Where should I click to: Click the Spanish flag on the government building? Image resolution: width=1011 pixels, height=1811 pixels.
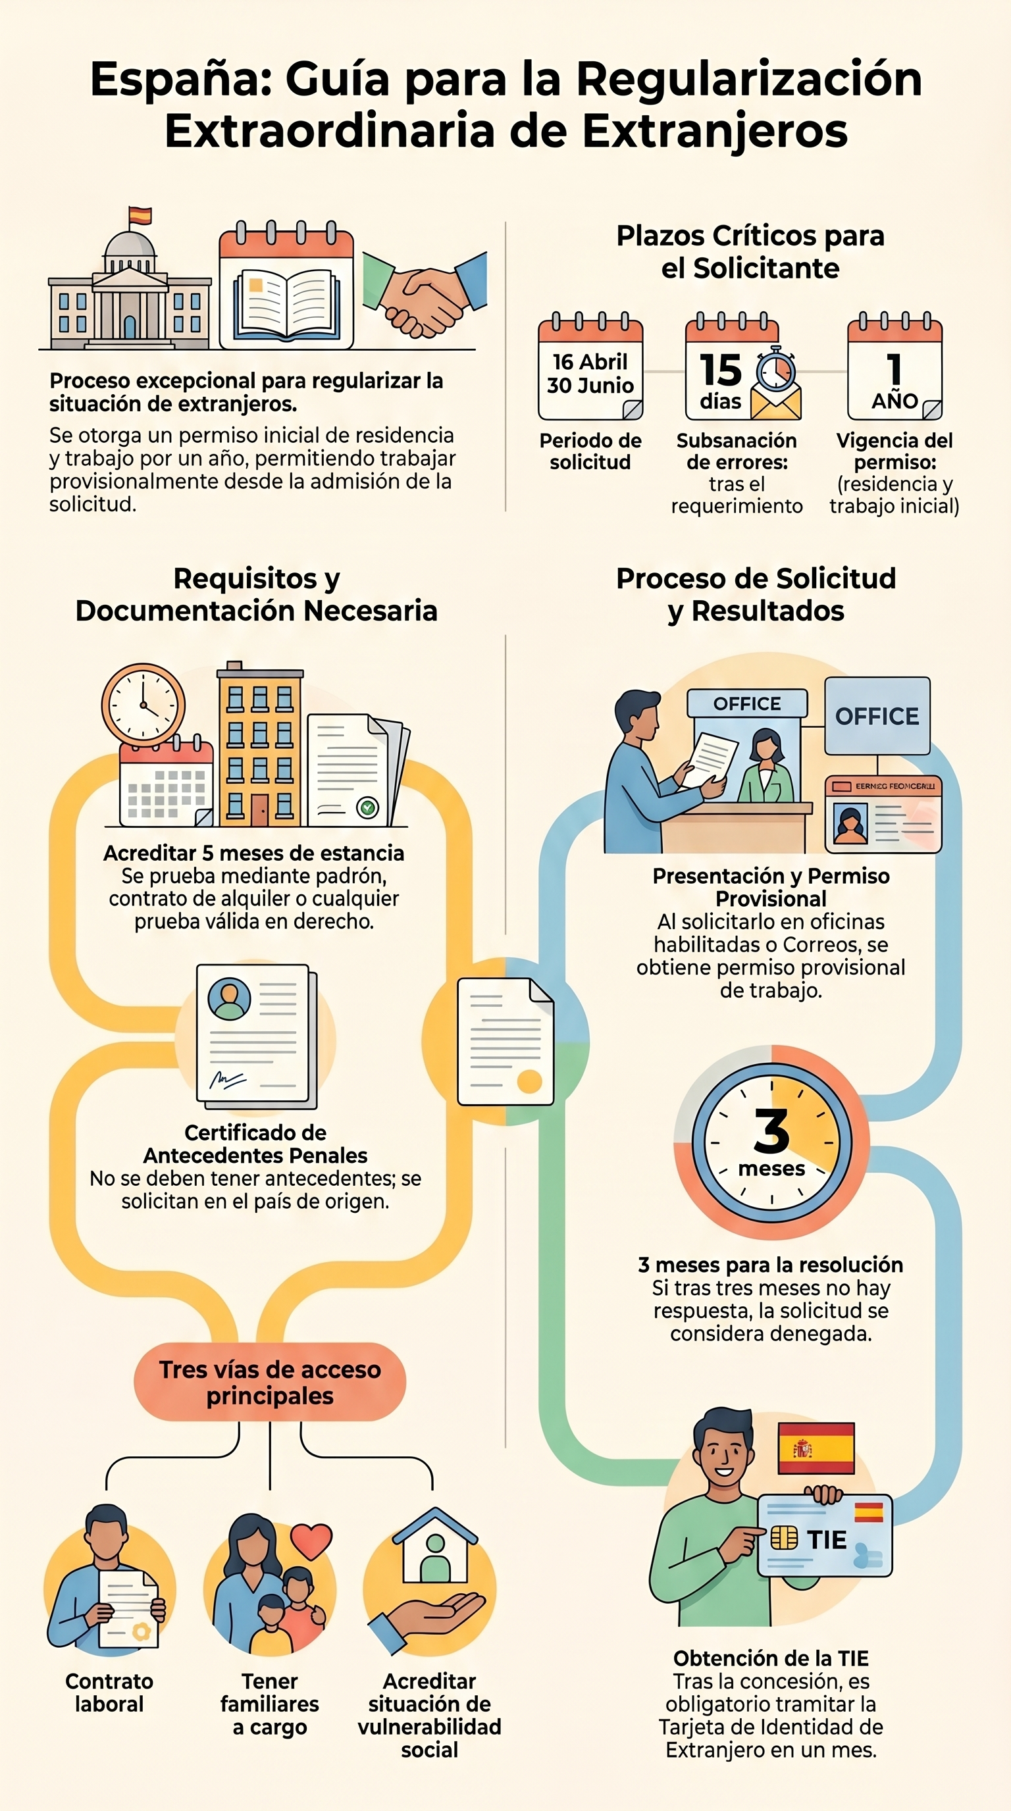click(x=141, y=216)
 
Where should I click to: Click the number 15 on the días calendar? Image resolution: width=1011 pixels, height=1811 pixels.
click(x=721, y=370)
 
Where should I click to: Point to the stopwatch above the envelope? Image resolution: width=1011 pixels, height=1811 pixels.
click(x=776, y=369)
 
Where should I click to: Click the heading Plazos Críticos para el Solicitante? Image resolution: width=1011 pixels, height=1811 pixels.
click(x=750, y=251)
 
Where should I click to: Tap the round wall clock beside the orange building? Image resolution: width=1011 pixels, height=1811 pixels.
click(x=143, y=704)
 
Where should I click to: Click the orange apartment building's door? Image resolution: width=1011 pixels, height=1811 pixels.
click(x=259, y=810)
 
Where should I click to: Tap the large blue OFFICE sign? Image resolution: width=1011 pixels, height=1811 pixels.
click(x=877, y=716)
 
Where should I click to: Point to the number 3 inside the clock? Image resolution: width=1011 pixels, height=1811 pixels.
click(x=771, y=1131)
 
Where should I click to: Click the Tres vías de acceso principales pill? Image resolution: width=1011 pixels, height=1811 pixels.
click(x=270, y=1382)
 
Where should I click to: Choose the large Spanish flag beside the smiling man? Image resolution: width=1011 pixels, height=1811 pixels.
click(x=816, y=1448)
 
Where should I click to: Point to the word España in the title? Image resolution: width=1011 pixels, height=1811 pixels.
click(x=182, y=79)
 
